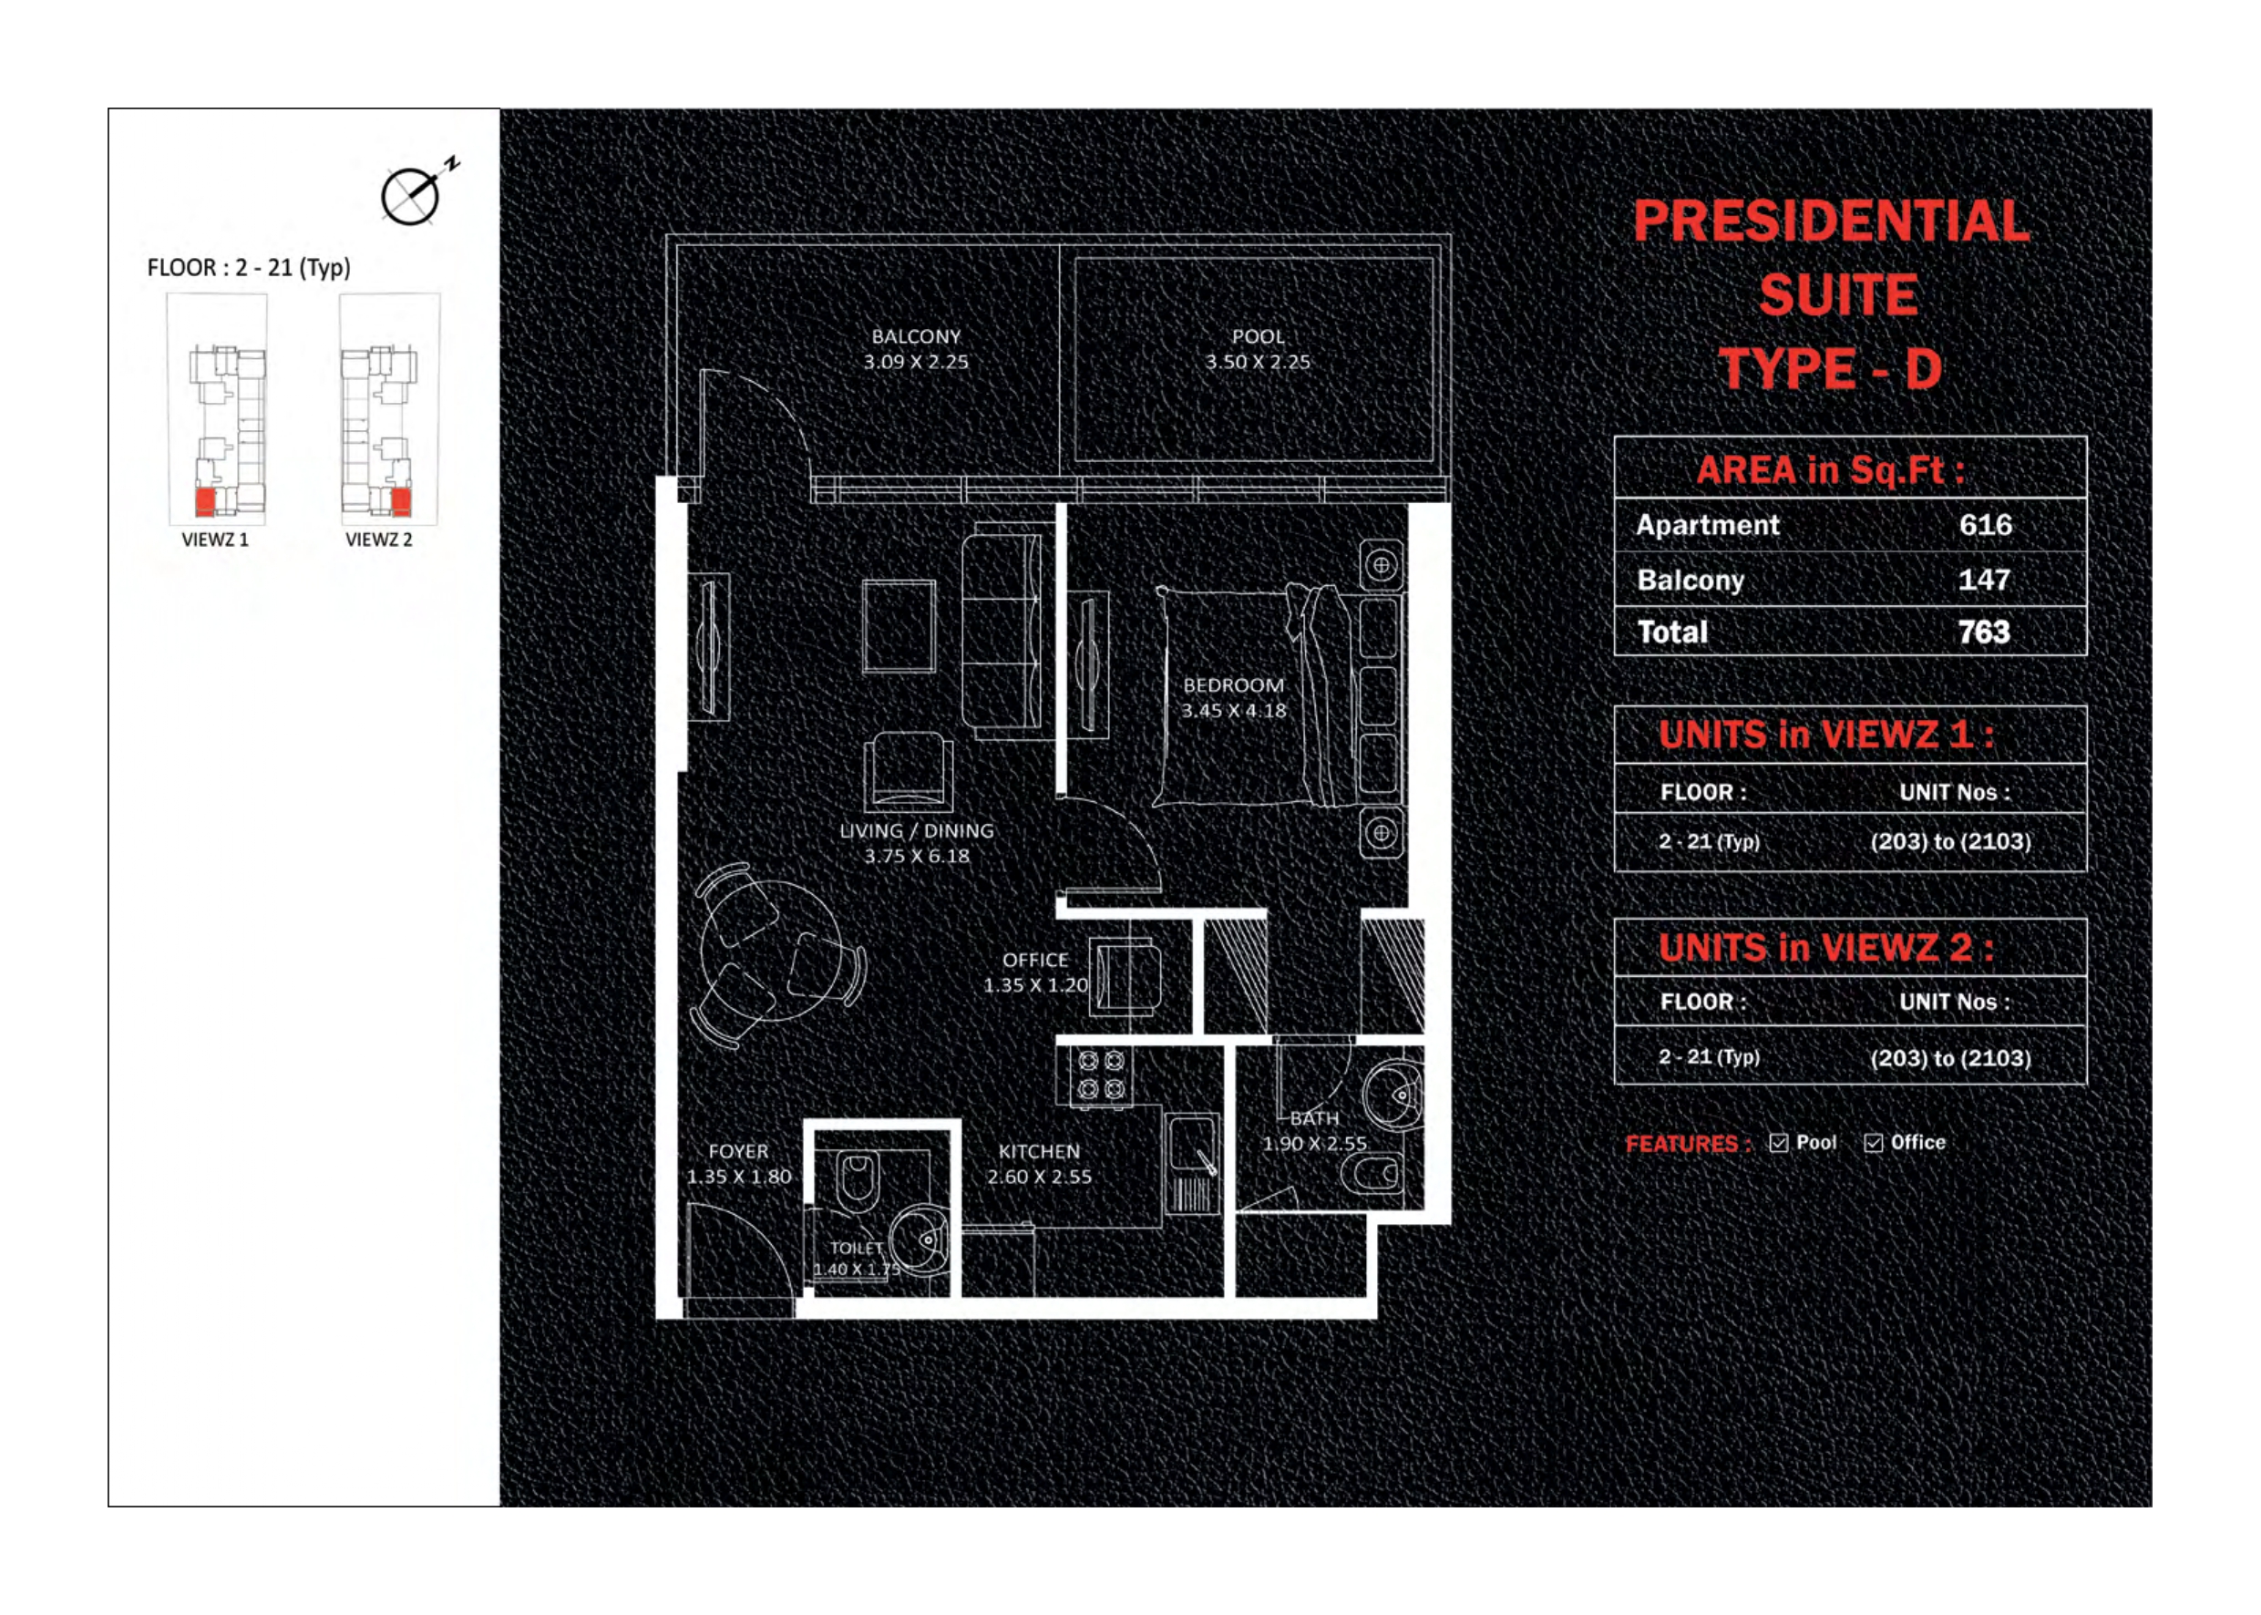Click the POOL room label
1258,337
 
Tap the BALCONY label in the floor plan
916,337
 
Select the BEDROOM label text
1233,685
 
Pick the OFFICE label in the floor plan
1035,960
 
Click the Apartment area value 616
1985,525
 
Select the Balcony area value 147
1984,580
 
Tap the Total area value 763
1984,633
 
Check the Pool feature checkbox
1779,1144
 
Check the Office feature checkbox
1873,1144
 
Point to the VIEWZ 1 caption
215,540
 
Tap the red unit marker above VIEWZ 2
401,501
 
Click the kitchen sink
1192,1144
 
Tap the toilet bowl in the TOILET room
856,1179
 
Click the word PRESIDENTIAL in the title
1831,221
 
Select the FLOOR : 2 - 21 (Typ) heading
249,268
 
